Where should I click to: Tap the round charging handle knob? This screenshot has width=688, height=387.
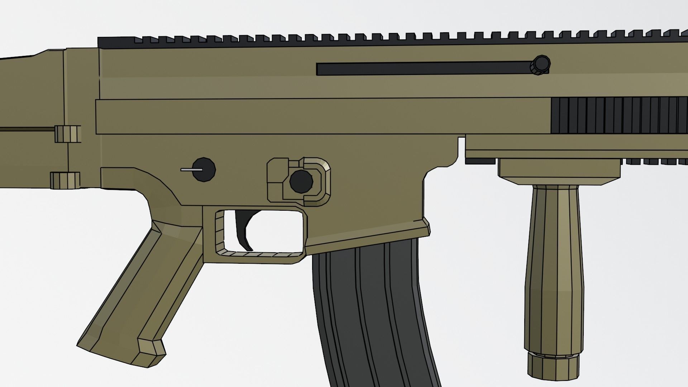540,65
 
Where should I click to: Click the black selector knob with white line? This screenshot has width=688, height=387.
204,169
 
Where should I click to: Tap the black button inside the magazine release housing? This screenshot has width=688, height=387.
301,181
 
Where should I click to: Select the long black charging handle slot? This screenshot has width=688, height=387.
423,68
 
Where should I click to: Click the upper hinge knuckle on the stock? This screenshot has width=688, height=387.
67,133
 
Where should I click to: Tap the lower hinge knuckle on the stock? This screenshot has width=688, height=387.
65,180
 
